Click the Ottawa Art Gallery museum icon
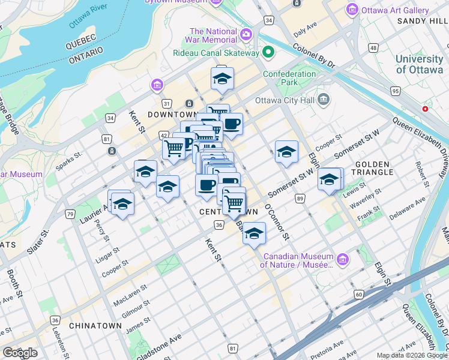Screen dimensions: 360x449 coord(352,10)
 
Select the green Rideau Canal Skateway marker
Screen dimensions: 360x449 coord(268,53)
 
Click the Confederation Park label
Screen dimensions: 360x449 coord(289,78)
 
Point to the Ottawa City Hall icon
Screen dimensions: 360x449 coord(324,98)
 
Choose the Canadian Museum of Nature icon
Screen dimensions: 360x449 coord(343,260)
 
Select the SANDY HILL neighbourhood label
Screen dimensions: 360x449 coord(422,21)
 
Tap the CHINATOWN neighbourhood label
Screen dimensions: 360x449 coord(95,326)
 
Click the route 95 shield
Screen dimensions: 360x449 coord(394,91)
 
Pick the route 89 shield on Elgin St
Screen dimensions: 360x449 coord(300,199)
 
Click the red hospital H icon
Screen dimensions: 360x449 coord(426,109)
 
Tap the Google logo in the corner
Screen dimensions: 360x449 coord(19,353)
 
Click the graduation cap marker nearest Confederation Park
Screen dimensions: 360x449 coord(222,79)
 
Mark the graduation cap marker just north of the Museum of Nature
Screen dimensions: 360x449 coord(254,233)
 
